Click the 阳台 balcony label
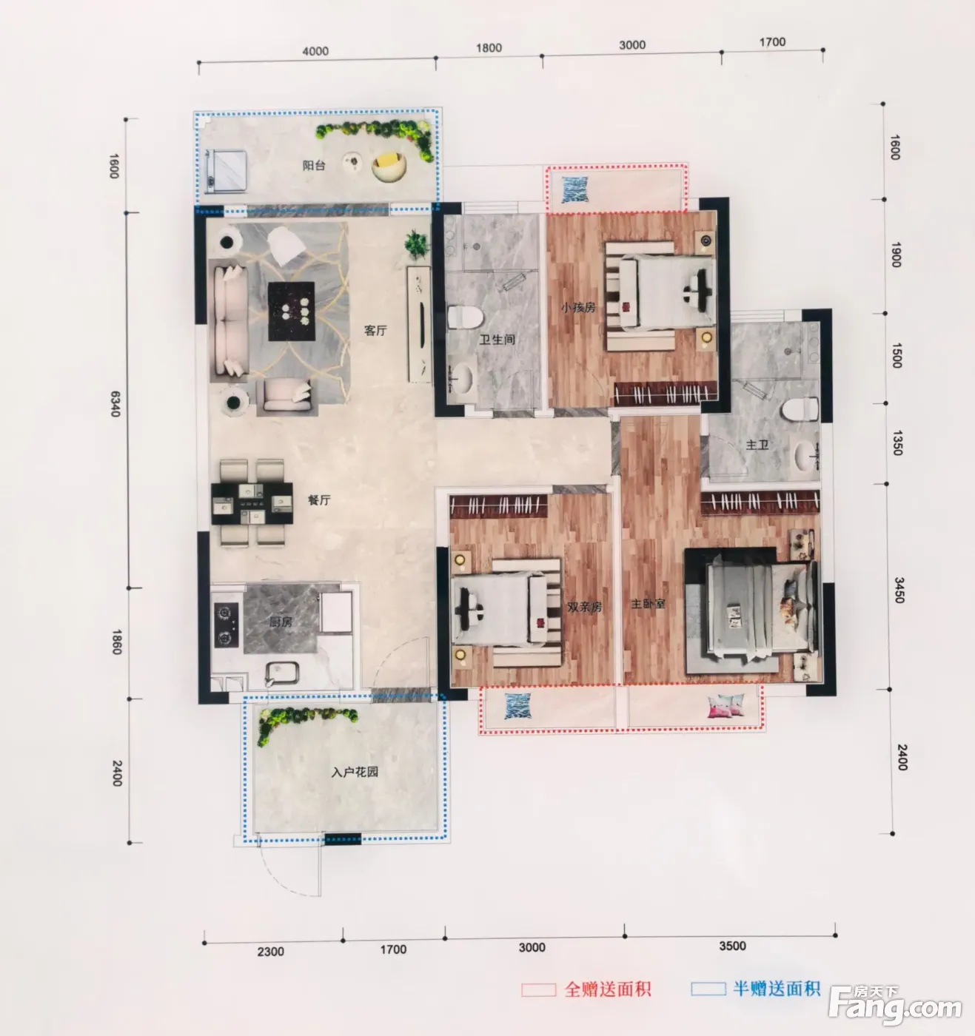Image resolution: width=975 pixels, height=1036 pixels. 314,166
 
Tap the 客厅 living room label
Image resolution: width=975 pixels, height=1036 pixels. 375,330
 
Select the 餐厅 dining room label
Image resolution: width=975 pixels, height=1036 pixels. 319,499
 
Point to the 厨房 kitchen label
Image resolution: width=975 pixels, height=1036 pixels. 281,622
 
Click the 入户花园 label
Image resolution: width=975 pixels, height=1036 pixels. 355,772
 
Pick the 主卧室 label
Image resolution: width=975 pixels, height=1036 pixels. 648,604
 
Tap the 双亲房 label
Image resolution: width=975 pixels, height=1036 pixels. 585,607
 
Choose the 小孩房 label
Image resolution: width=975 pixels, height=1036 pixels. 578,307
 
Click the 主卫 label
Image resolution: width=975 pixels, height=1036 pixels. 757,445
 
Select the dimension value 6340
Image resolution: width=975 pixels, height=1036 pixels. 115,403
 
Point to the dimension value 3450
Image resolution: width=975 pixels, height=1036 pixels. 899,590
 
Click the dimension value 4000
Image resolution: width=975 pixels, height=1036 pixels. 315,51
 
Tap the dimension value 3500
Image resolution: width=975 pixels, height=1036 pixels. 732,946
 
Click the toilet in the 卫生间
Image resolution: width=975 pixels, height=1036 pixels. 465,317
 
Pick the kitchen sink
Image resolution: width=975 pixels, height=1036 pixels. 282,673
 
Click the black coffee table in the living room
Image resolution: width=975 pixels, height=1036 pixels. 291,312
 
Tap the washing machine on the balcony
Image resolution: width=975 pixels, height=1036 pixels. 227,170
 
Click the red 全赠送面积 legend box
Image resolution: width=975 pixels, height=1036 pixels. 539,989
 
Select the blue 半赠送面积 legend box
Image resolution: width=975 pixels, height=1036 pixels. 708,989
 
